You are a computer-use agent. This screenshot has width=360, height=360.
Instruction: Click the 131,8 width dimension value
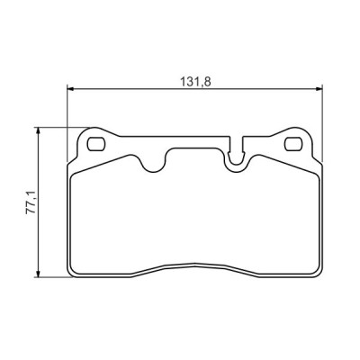point(195,82)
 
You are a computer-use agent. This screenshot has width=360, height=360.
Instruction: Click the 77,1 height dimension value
point(31,202)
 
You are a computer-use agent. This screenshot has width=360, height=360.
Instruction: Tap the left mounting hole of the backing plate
point(96,144)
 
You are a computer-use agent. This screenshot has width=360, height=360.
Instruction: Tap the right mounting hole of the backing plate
point(293,144)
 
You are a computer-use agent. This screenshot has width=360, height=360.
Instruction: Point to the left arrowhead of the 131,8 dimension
point(70,88)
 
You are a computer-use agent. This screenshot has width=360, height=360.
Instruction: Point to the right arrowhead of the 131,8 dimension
point(319,88)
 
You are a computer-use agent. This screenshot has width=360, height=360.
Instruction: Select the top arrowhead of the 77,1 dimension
point(38,131)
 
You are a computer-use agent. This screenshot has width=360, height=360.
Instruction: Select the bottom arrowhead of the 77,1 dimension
point(38,274)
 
